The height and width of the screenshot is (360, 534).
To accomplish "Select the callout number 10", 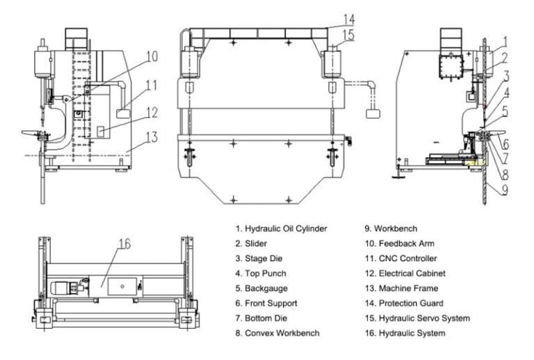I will (x=152, y=56).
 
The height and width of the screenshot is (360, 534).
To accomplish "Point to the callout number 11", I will (x=152, y=85).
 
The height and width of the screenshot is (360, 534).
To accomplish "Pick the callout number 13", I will (x=152, y=137).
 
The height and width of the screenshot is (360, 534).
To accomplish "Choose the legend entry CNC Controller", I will (x=407, y=259).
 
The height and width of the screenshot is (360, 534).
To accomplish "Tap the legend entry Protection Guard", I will (x=410, y=303).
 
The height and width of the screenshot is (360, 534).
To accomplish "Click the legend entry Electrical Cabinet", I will (x=412, y=274).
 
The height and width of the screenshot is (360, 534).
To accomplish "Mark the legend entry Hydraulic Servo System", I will (x=423, y=318).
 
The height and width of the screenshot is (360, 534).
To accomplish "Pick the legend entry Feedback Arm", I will (x=405, y=243).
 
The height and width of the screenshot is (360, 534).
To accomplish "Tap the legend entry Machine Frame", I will (x=407, y=288).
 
